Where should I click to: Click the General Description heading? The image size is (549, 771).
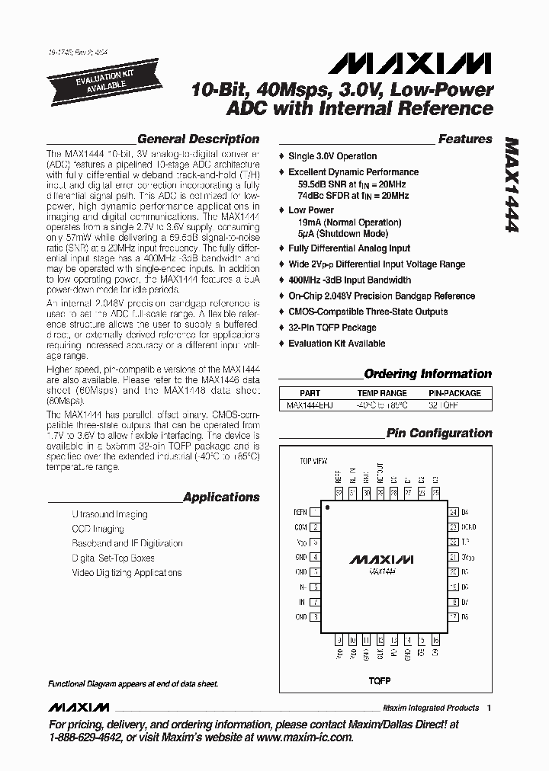pos(198,139)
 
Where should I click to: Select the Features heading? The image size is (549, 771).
pos(464,139)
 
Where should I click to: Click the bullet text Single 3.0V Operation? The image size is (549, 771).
pos(332,156)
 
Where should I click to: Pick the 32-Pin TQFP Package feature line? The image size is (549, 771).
pos(332,328)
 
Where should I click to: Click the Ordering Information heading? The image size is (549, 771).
pos(428,374)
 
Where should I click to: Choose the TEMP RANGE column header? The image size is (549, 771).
pos(382,393)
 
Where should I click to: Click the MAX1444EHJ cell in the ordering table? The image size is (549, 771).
pos(307,405)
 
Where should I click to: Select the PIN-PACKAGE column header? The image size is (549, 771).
pos(454,393)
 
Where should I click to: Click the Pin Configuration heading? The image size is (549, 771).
pos(439,433)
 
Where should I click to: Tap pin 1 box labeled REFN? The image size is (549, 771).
pos(315,512)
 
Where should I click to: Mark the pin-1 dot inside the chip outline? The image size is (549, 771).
pos(327,506)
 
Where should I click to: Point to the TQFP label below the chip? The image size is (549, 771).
pos(379,680)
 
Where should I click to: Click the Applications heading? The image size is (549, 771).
pos(221,497)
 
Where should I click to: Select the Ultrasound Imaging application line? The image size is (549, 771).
pos(110,514)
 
